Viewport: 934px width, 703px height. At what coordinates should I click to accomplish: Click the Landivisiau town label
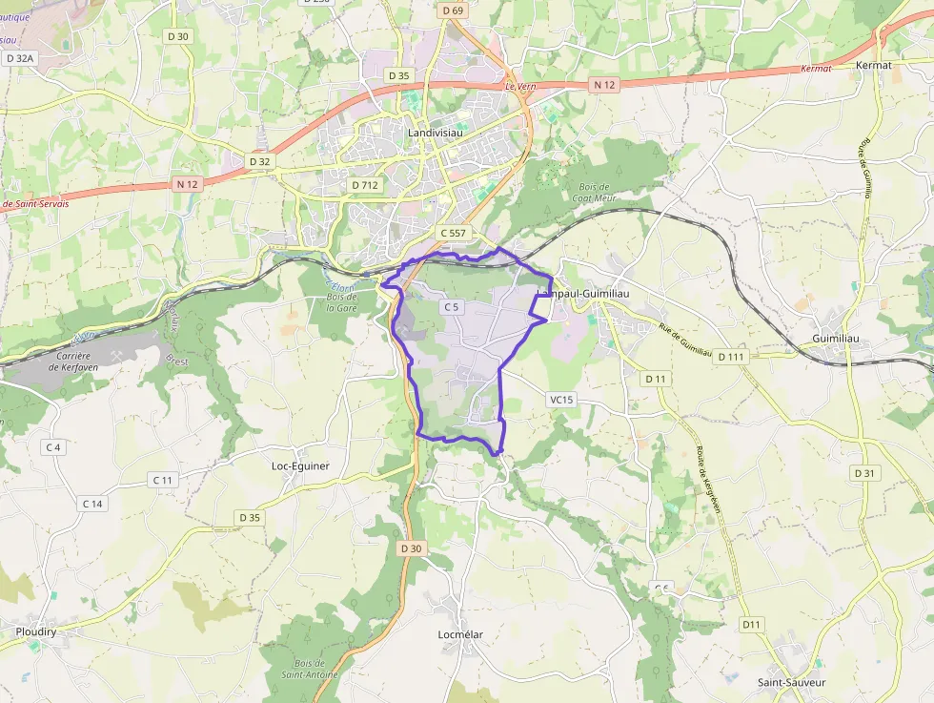pos(434,133)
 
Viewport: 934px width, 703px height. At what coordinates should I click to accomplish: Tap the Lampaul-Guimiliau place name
pos(584,293)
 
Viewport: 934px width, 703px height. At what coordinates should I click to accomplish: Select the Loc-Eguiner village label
pos(300,466)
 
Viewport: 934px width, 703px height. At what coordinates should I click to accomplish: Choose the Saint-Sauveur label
pos(791,682)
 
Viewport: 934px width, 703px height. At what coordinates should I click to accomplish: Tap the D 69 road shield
pos(453,10)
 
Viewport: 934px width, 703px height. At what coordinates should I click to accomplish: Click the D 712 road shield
pos(366,185)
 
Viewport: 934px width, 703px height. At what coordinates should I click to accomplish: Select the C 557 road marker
pos(454,233)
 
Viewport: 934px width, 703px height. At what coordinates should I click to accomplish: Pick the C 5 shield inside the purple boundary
pos(451,307)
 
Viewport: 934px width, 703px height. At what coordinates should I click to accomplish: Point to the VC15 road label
pos(561,400)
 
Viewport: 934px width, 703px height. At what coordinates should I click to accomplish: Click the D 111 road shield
pos(730,357)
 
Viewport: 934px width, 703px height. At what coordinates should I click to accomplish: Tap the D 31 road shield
pos(864,473)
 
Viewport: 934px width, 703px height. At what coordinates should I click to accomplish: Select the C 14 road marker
pos(92,504)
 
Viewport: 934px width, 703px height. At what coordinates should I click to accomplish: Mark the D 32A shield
pos(19,58)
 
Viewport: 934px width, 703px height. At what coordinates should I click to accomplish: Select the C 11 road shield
pos(163,480)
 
